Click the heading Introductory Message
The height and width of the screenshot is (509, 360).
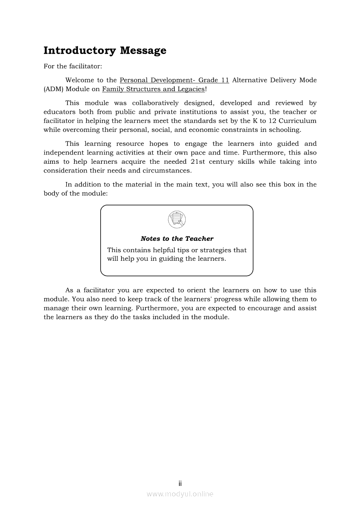coord(105,51)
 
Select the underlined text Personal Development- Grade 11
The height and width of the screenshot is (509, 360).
coord(174,80)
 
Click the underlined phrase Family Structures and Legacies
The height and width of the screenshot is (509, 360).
coord(153,89)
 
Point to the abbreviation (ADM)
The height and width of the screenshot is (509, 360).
coord(53,89)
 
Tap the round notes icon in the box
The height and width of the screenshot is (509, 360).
coord(177,219)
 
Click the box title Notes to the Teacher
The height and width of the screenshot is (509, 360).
coord(177,239)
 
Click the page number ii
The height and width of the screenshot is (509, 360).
coord(180,483)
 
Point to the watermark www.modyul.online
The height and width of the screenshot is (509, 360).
coord(180,494)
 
